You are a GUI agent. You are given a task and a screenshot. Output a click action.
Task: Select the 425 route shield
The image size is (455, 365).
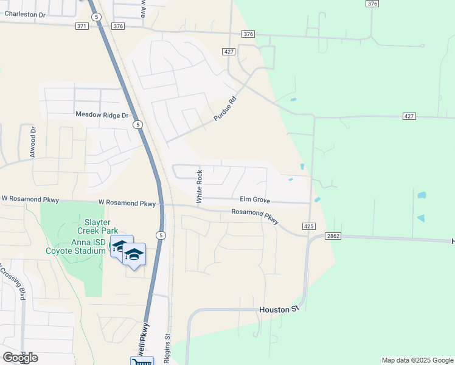coord(308,226)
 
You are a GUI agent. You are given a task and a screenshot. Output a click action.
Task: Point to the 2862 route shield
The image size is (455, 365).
coord(333,236)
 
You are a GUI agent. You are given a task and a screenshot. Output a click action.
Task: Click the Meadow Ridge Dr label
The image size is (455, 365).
coord(102,114)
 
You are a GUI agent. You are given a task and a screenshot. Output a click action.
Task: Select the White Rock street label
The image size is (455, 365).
coord(198,186)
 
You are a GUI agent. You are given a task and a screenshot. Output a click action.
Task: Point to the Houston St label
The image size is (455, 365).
coord(280,310)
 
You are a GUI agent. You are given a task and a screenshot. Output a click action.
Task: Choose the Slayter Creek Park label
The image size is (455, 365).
coord(97,226)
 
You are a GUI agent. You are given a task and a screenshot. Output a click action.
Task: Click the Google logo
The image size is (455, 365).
coord(20,357)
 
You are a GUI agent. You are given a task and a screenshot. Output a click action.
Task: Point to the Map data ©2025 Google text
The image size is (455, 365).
coord(417,360)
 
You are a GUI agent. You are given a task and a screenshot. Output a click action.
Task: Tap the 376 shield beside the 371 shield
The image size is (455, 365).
coord(118,26)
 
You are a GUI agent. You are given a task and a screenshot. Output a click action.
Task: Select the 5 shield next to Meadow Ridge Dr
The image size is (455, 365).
coord(138,125)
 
